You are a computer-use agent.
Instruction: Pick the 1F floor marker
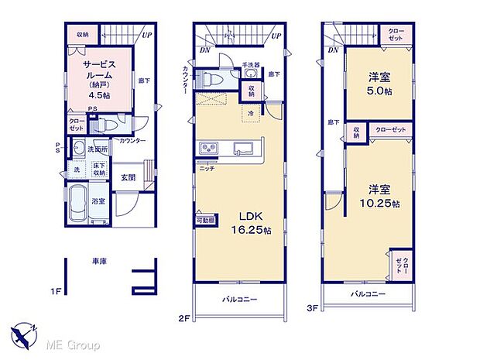tap(56, 291)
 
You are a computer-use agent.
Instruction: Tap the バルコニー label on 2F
tap(239, 298)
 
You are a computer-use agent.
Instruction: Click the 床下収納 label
tap(98, 170)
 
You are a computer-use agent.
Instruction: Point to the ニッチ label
tap(207, 168)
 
